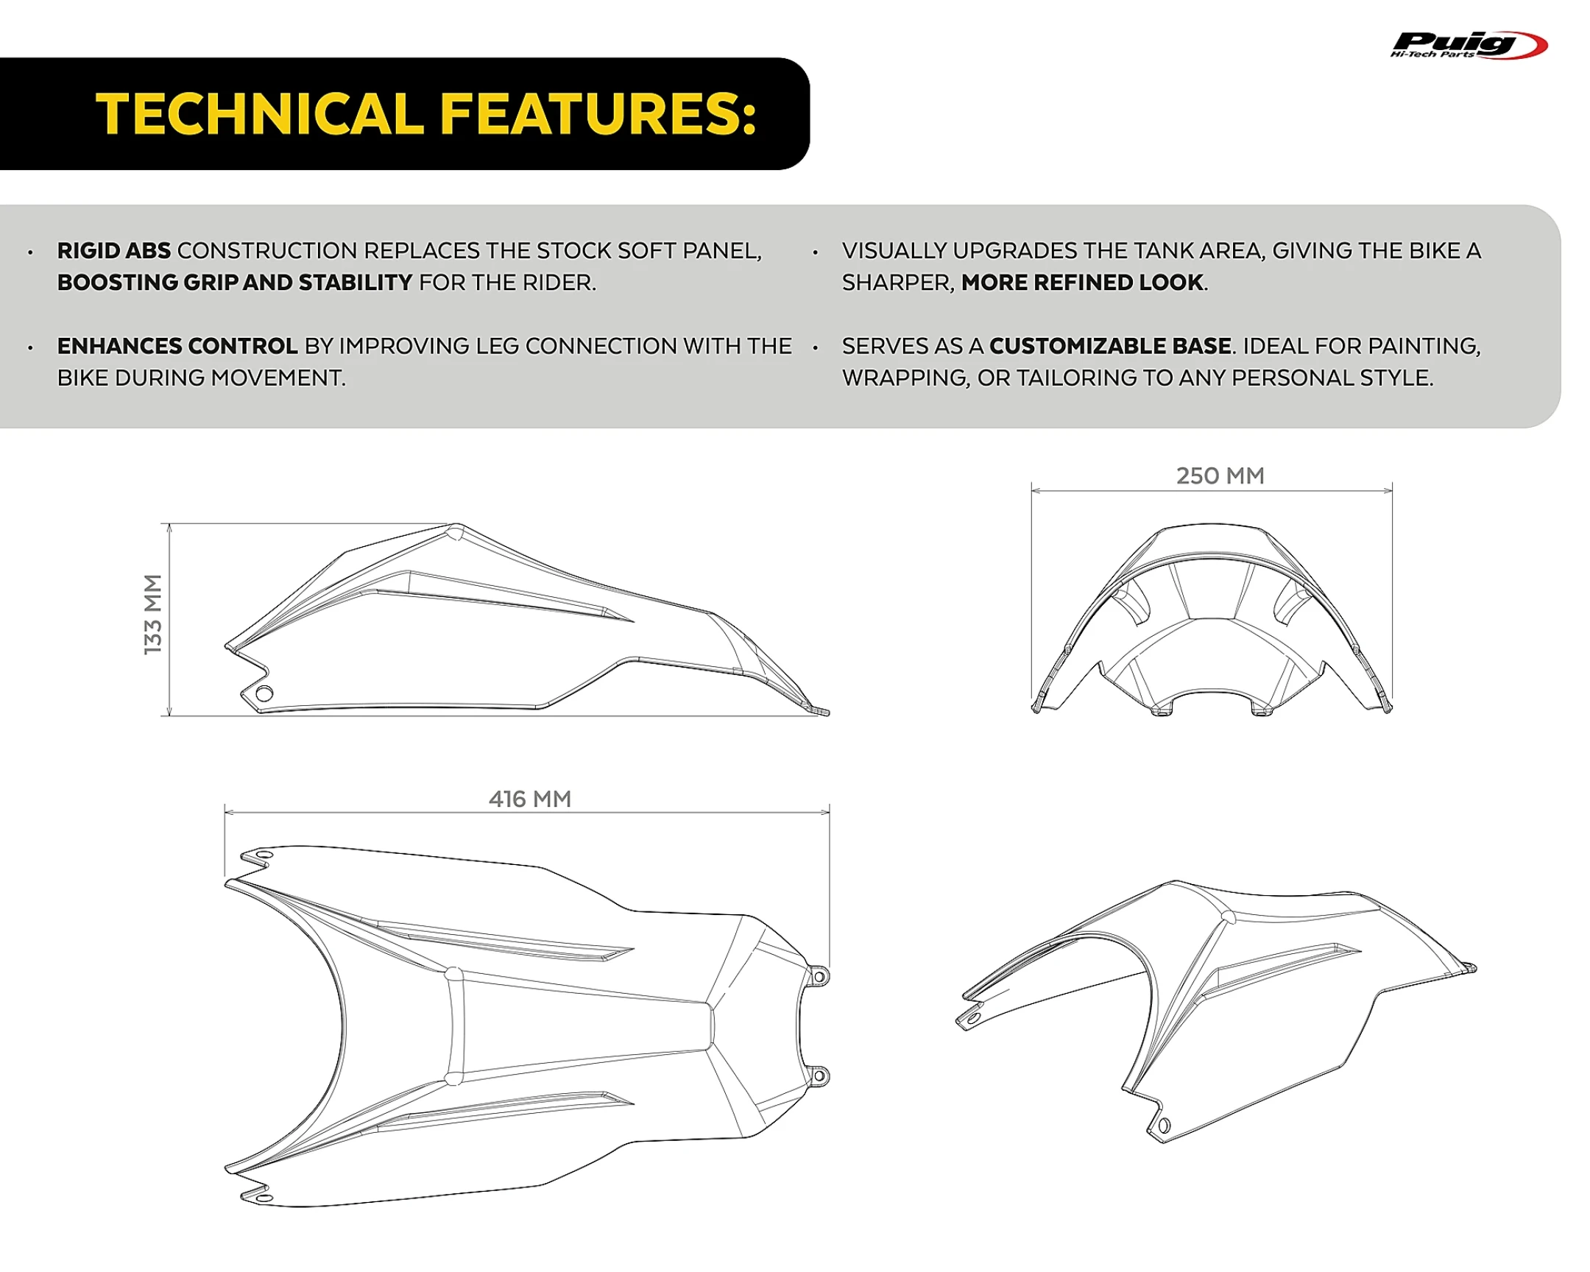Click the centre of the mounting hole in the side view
(x=264, y=693)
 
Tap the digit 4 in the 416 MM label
(x=496, y=799)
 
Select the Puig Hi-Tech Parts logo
(x=1469, y=45)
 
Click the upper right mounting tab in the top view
(x=819, y=976)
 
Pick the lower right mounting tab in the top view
(x=819, y=1077)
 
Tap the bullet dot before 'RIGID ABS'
(x=30, y=252)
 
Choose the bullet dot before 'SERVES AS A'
(x=815, y=347)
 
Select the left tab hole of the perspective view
(x=972, y=1018)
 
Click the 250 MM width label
(x=1220, y=476)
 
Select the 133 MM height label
(x=152, y=614)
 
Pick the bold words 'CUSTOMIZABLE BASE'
(x=1110, y=346)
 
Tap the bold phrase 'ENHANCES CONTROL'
(x=177, y=346)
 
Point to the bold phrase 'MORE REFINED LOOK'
(x=1082, y=283)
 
